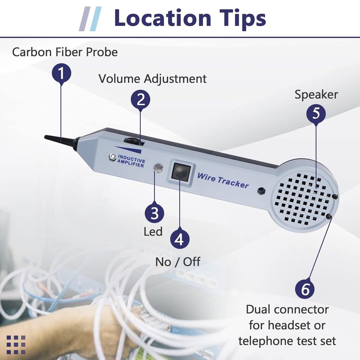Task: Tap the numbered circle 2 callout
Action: click(x=140, y=99)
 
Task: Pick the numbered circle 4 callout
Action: click(x=179, y=239)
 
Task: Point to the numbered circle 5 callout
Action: click(x=316, y=113)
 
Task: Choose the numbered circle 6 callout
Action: click(x=305, y=289)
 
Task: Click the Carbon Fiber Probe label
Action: click(x=65, y=52)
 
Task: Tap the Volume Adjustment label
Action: click(x=153, y=78)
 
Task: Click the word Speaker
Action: click(x=316, y=95)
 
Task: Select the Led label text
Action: click(x=153, y=231)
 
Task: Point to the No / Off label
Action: click(x=177, y=262)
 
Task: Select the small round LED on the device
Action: click(x=158, y=168)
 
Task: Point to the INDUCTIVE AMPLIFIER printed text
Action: click(x=131, y=163)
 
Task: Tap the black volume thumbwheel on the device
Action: click(x=133, y=141)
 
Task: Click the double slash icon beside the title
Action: click(x=90, y=18)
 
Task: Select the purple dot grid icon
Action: click(x=16, y=345)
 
